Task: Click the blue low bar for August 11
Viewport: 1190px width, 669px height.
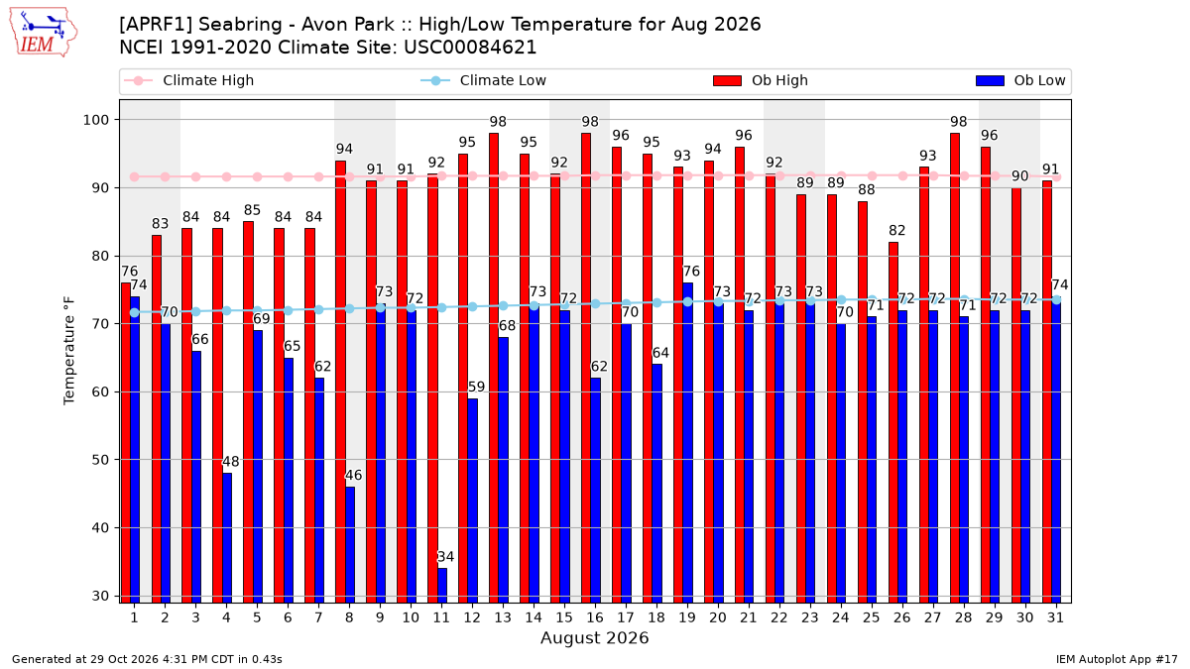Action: [442, 585]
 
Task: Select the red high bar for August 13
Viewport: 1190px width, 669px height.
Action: [494, 368]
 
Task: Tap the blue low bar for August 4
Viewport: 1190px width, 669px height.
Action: [227, 538]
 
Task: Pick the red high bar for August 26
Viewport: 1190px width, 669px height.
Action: [893, 422]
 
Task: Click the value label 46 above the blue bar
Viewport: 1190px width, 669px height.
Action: [353, 475]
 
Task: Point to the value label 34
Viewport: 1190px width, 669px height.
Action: [445, 556]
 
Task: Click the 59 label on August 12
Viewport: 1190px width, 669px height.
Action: [476, 387]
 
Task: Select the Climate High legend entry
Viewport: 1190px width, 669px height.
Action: [188, 80]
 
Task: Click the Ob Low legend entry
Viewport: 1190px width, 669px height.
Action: [1020, 80]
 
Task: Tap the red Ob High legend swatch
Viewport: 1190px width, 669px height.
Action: [727, 80]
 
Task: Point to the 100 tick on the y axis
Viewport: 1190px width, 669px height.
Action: [95, 120]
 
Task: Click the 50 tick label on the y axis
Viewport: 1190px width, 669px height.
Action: [100, 460]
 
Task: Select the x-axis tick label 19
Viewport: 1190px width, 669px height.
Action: [687, 617]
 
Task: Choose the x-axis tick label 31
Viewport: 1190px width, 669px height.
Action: [1055, 617]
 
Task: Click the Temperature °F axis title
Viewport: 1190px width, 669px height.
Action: [69, 351]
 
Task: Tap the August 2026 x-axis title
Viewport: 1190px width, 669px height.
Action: [594, 637]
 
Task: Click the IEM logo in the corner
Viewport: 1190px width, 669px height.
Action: [43, 33]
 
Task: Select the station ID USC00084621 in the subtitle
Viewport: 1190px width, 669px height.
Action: [470, 48]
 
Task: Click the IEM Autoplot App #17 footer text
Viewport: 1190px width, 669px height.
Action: [1117, 659]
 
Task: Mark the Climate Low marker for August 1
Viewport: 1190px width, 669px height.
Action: [135, 313]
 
